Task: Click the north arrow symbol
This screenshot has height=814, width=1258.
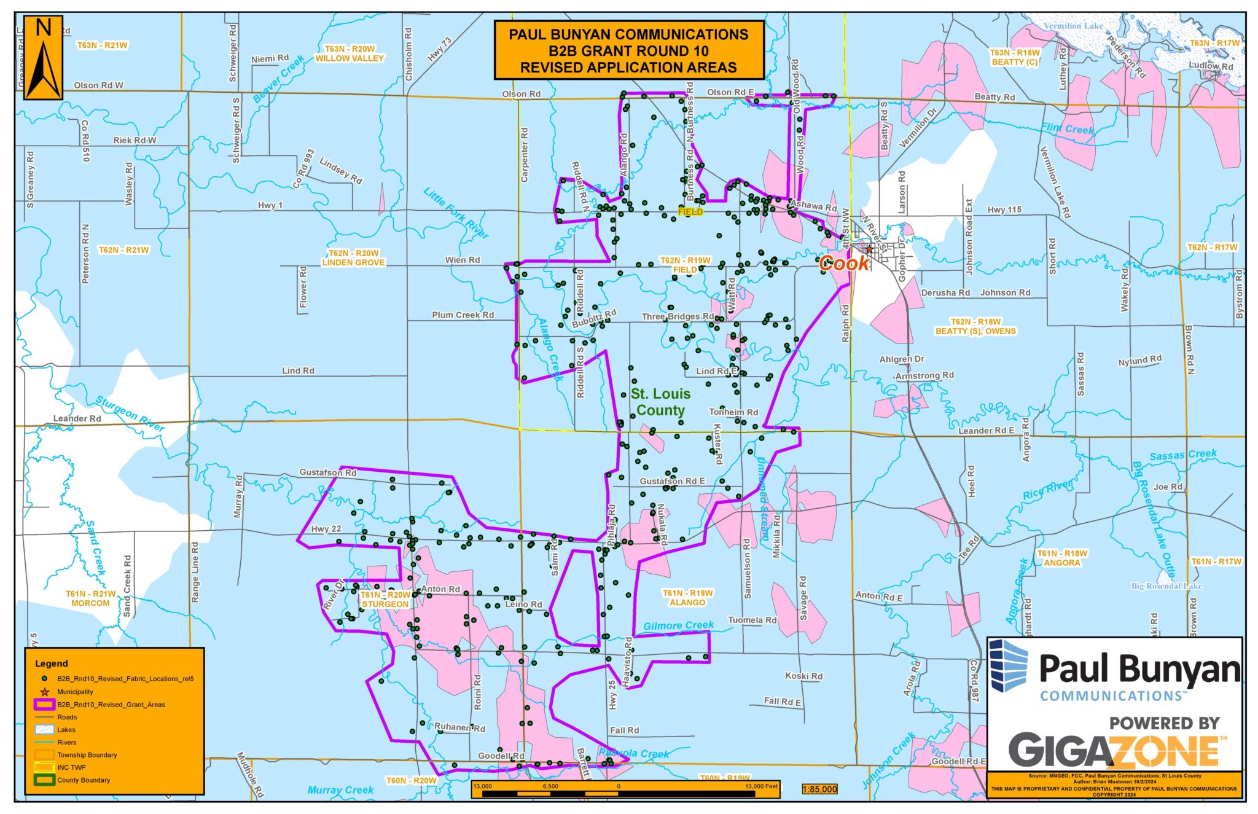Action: (43, 58)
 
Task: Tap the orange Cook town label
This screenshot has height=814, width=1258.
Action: (844, 264)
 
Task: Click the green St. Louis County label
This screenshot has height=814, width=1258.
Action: (660, 402)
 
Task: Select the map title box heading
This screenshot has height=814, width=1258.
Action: (628, 50)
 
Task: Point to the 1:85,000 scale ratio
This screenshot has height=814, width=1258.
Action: (820, 789)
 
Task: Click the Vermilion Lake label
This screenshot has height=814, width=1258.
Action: (1073, 26)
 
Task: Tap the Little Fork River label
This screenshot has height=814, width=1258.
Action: (456, 213)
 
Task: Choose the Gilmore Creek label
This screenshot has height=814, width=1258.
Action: (678, 625)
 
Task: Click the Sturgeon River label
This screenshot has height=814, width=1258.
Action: (130, 413)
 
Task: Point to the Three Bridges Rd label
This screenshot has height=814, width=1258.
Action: (678, 316)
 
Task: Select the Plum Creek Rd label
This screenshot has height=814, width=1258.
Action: (463, 315)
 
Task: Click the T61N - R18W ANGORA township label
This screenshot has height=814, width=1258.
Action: (1062, 558)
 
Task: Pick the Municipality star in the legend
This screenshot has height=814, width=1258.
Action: (45, 692)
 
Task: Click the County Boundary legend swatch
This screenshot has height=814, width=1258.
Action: (46, 780)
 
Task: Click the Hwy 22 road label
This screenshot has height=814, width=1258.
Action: (326, 529)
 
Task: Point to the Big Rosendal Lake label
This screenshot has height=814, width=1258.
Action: (1166, 586)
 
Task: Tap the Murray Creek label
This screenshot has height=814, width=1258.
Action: (340, 790)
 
